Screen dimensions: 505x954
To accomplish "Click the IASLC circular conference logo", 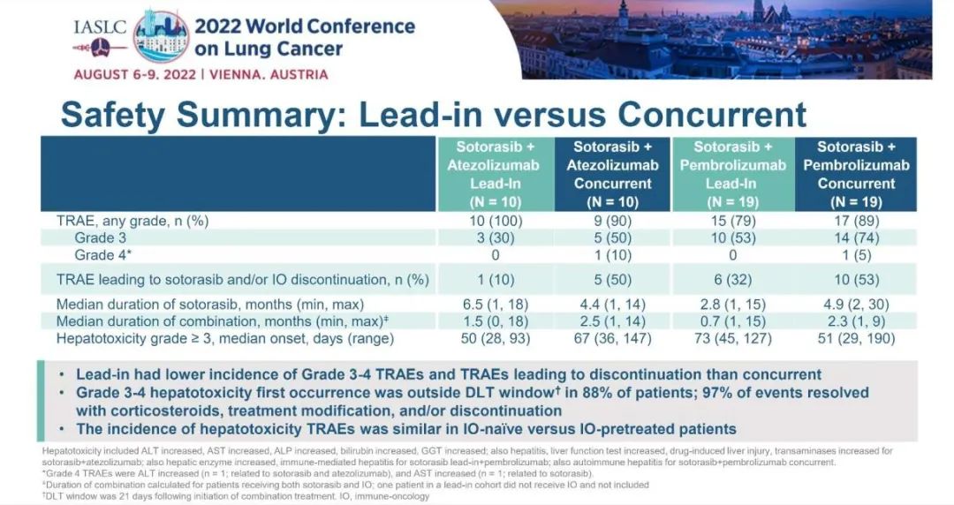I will click(x=160, y=36).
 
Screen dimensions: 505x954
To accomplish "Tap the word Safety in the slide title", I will click(x=118, y=115).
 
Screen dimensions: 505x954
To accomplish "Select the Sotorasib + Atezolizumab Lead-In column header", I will click(x=495, y=174).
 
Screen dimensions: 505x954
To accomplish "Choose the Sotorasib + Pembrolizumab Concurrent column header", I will click(x=855, y=174).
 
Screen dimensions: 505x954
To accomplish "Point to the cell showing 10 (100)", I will click(x=495, y=221).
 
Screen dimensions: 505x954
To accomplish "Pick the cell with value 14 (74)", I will click(x=855, y=238).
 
